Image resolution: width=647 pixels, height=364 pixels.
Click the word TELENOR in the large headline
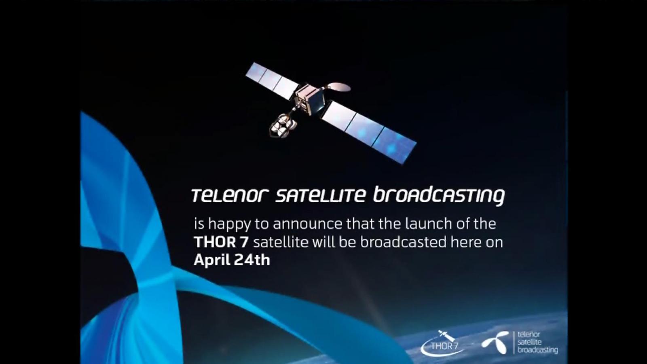pos(230,196)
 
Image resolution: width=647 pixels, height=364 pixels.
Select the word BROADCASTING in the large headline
pos(439,197)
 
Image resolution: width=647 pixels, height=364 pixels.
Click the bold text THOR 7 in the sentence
pos(221,242)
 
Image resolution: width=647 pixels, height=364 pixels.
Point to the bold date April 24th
pos(232,260)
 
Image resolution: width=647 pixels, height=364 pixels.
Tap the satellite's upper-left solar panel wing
pos(272,80)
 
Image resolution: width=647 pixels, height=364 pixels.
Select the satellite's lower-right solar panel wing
pos(369,132)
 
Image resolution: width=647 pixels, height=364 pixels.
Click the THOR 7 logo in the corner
pos(441,343)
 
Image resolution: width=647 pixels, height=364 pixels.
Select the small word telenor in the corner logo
pos(529,335)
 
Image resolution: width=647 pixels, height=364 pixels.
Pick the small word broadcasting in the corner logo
pos(537,350)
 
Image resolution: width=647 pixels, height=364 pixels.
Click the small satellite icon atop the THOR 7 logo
pos(446,335)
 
